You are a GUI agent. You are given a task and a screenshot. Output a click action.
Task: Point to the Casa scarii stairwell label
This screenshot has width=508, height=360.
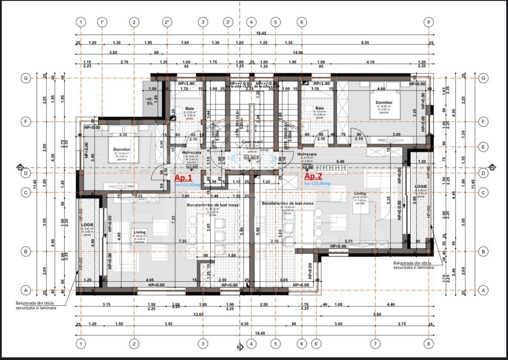[x=252, y=142]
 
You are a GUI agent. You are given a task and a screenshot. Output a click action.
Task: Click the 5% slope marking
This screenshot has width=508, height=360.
[x=150, y=103]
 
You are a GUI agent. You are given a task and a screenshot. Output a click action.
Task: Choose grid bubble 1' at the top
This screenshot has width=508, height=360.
[x=102, y=22]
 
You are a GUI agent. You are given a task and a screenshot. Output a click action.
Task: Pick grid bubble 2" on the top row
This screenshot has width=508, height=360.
[x=167, y=22]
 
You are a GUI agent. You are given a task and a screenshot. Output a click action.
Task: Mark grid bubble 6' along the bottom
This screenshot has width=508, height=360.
[x=317, y=344]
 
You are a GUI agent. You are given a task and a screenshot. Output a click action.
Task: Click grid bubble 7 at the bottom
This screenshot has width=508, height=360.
[x=375, y=344]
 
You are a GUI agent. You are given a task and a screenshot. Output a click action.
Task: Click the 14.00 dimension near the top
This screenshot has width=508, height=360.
[x=298, y=53]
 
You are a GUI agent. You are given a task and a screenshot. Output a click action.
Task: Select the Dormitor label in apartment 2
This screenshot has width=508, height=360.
[x=383, y=102]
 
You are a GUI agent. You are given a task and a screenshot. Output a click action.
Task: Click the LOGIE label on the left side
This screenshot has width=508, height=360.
[x=87, y=225]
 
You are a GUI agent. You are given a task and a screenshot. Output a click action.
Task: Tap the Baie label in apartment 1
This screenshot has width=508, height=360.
[x=190, y=108]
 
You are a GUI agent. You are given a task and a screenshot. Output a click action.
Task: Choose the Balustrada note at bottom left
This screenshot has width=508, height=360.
[x=36, y=305]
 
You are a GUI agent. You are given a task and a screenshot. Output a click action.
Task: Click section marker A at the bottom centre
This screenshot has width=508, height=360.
[x=240, y=346]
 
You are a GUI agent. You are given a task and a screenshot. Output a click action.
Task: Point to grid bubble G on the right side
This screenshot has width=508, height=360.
[x=483, y=78]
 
